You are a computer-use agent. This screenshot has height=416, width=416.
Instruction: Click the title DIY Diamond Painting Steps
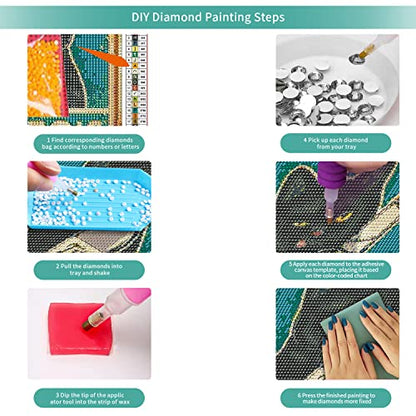208,17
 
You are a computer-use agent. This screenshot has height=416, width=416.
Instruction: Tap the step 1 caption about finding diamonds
90,143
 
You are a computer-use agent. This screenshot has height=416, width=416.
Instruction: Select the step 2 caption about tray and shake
89,269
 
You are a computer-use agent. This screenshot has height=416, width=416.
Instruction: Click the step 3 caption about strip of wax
90,398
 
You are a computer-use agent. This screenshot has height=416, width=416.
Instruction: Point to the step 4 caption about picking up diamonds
336,143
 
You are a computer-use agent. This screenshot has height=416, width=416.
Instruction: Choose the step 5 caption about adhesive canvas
336,270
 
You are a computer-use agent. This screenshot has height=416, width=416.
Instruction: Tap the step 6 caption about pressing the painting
336,398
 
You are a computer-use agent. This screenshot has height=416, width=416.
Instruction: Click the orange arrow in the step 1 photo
103,56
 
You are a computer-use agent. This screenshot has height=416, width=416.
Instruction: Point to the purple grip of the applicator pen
333,175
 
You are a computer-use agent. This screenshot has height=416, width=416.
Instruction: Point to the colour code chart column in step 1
138,79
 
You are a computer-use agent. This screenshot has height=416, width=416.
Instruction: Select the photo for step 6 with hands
337,334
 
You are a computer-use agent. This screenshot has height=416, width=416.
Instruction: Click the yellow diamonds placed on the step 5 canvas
338,220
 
